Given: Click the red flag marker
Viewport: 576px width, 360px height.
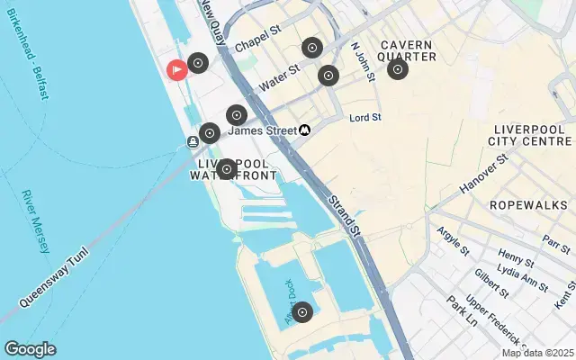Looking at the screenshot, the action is click(177, 68).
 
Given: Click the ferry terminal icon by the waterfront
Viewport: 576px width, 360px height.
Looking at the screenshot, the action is click(193, 141).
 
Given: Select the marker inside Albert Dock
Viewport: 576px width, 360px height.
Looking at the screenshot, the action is click(302, 312).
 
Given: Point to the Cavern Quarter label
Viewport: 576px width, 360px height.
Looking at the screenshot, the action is click(408, 50).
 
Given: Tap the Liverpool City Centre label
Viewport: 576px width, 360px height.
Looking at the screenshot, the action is click(529, 135).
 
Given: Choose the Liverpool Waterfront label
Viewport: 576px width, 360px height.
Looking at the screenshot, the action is click(234, 169).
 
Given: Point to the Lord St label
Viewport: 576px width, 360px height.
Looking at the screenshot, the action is click(365, 117).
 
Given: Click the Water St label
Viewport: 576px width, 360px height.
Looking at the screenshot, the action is click(279, 76).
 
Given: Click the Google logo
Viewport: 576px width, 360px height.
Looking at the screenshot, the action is click(30, 349).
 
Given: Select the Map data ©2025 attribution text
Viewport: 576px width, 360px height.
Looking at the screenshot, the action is click(537, 352).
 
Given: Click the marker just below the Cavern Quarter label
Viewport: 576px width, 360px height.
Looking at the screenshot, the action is click(397, 69).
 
